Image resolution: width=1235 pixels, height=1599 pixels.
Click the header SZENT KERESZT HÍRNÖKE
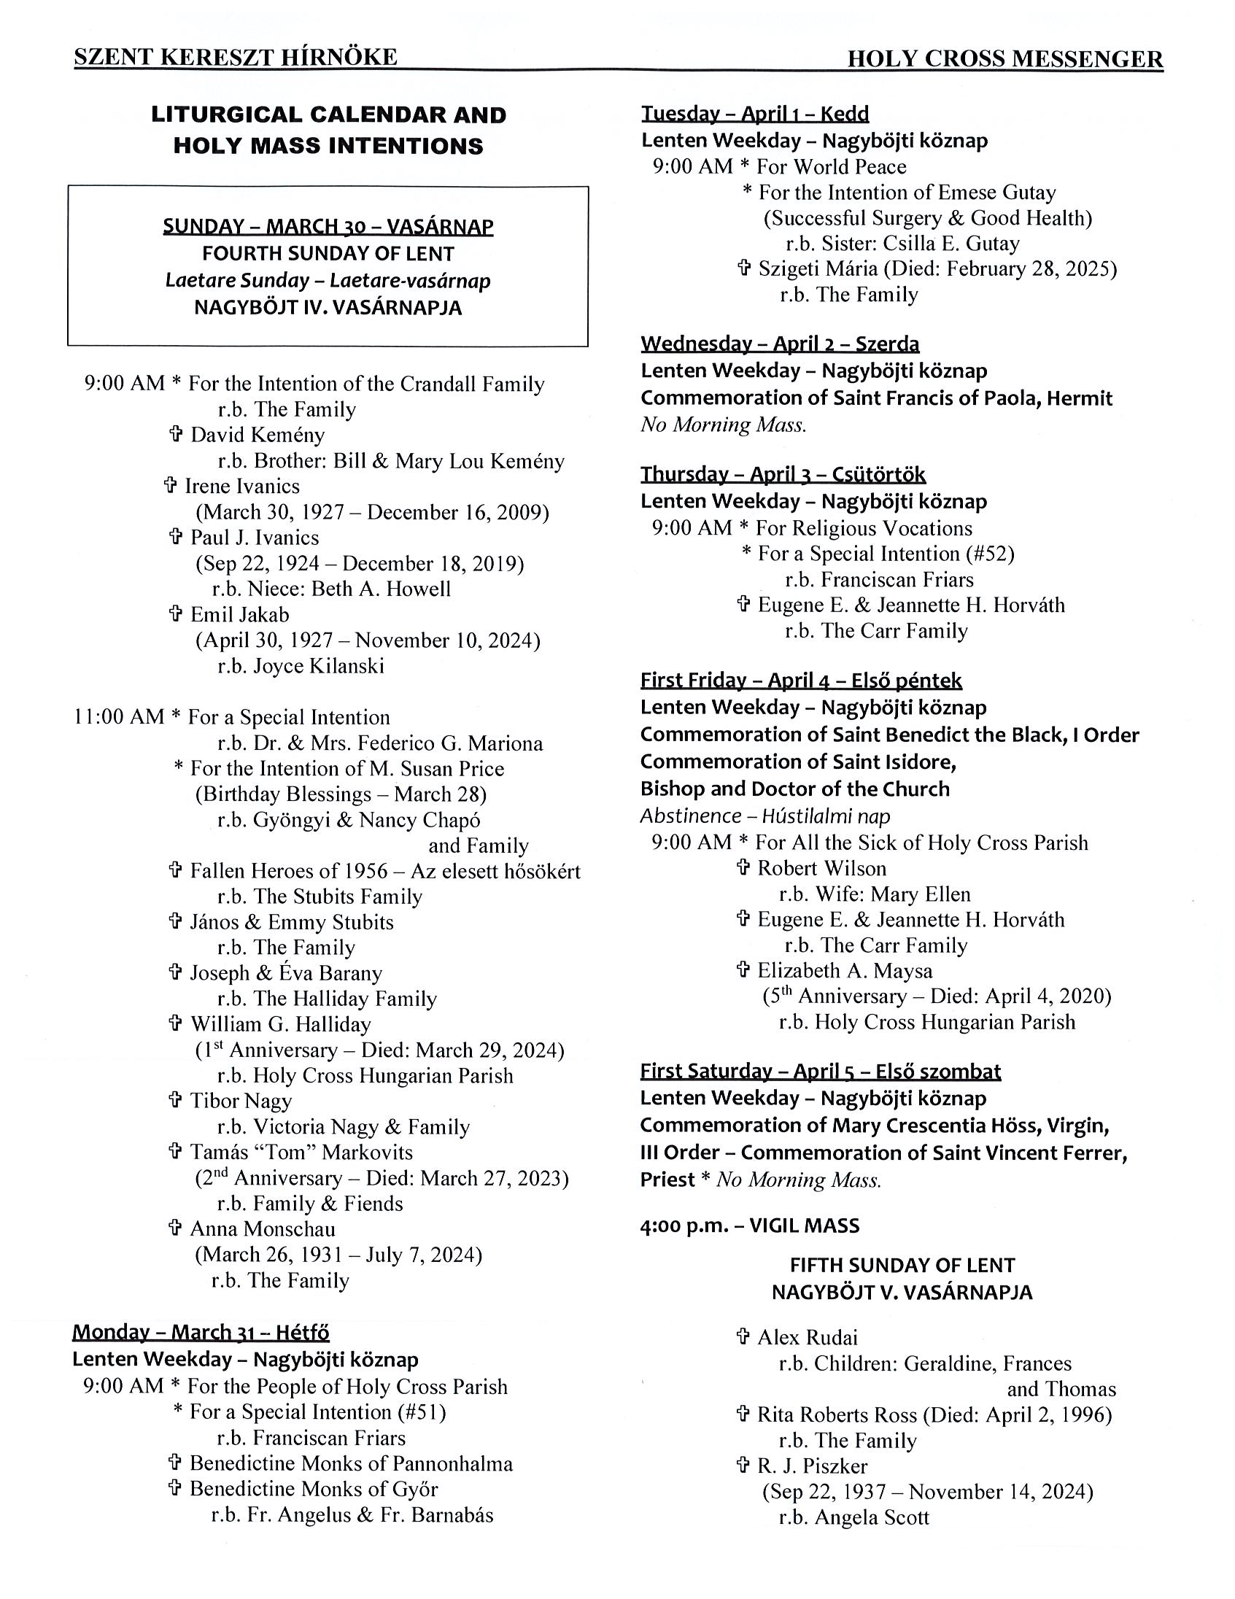(x=235, y=57)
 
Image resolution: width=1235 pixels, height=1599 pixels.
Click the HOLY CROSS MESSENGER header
(x=1004, y=58)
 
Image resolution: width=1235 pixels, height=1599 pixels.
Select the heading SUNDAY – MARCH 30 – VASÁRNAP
(x=328, y=226)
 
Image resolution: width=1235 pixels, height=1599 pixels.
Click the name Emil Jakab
(x=239, y=614)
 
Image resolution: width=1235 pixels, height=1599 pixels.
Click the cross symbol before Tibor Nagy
(x=175, y=1100)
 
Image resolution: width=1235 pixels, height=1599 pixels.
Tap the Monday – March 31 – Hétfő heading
(x=201, y=1332)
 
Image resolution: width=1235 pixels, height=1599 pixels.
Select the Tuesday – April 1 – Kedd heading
(x=755, y=114)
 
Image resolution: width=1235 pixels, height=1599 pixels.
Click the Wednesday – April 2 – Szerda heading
(x=780, y=344)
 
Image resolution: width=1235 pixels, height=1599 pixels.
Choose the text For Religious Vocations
(x=863, y=528)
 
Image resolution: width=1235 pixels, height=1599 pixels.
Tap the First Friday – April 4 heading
(x=801, y=680)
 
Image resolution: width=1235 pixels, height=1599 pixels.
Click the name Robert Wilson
(x=821, y=868)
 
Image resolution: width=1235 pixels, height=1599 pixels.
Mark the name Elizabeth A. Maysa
(x=845, y=971)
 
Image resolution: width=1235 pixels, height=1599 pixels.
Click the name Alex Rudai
(x=807, y=1338)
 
